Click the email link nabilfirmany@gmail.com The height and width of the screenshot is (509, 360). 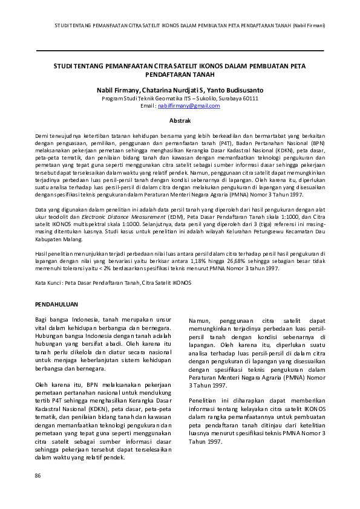188,106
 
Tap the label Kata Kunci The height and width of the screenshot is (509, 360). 48,283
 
